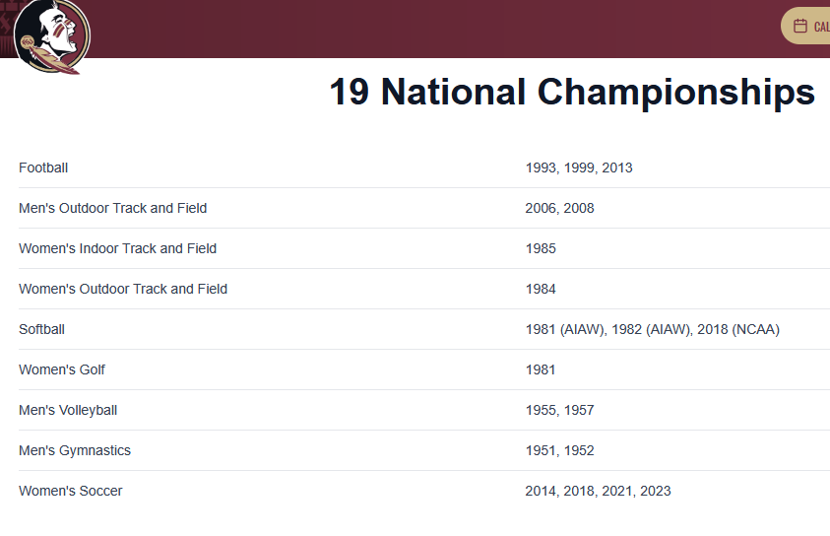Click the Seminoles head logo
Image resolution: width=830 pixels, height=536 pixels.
[52, 36]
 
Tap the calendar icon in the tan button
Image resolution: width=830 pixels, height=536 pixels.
[800, 26]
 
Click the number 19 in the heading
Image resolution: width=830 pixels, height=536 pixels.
[349, 93]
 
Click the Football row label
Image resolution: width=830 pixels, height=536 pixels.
[43, 167]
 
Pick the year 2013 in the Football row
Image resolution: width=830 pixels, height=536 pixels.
[617, 167]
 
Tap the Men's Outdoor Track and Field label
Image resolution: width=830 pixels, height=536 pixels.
[113, 208]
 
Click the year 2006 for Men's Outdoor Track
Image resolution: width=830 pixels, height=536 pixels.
[541, 209]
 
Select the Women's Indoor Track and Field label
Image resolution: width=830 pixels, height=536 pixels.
[117, 248]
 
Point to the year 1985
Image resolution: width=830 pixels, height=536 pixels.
[541, 248]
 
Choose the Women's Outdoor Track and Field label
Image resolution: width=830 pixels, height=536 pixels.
[123, 289]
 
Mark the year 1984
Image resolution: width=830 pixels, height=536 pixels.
[541, 289]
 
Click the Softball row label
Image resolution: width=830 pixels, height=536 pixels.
[41, 329]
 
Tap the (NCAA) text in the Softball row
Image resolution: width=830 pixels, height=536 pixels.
[756, 329]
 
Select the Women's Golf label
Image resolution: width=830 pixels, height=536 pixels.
[62, 369]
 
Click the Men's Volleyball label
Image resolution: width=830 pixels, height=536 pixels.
[68, 411]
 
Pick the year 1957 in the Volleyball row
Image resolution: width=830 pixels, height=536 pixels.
[579, 410]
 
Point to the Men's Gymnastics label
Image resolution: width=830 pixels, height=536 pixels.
[75, 450]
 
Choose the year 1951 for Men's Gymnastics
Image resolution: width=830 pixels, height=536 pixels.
[540, 450]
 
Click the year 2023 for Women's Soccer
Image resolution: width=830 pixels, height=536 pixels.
[656, 491]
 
